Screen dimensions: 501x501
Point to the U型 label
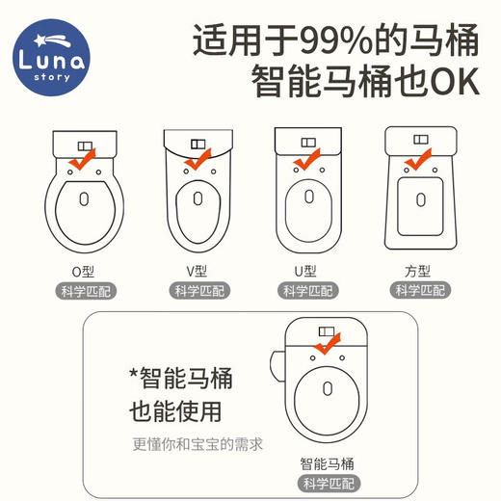307,271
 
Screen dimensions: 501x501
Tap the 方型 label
419,271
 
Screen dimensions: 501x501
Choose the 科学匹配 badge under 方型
419,291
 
